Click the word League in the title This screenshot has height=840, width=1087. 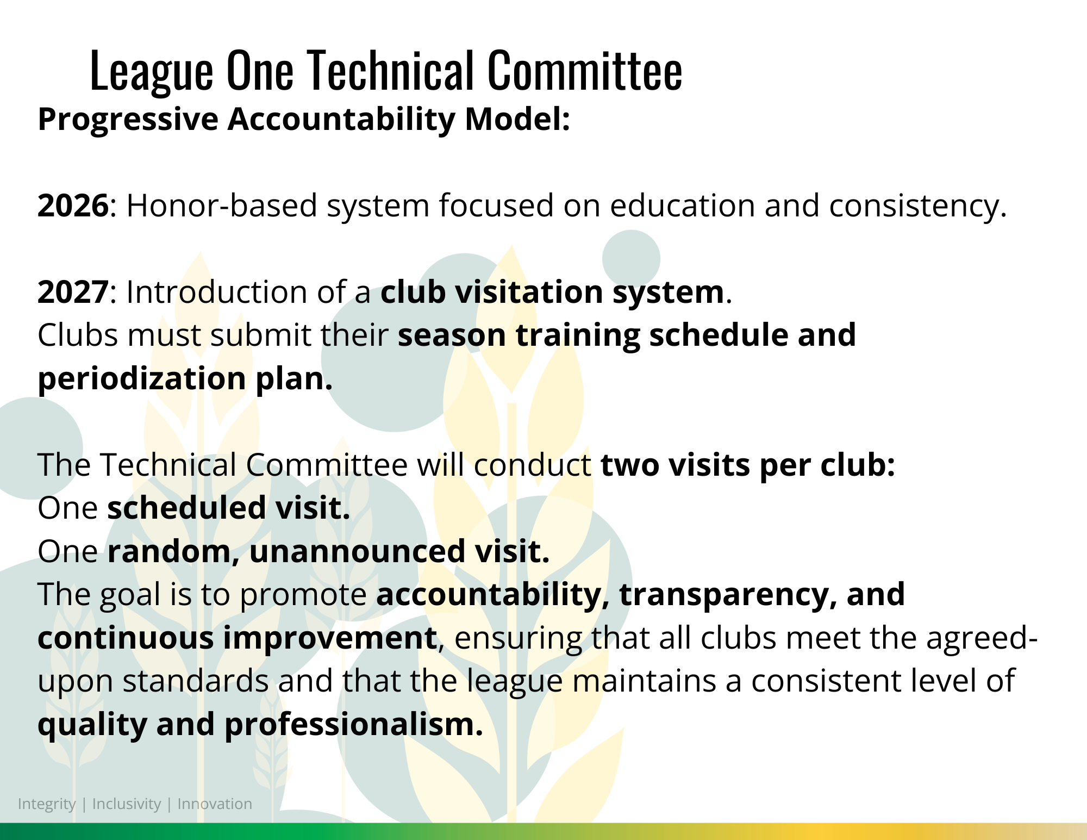click(x=152, y=71)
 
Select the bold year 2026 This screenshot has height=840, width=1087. click(x=73, y=206)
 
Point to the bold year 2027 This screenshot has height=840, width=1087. click(x=73, y=293)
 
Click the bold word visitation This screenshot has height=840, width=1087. click(x=529, y=293)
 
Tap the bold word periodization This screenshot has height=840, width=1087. click(x=142, y=379)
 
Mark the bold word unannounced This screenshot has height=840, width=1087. click(x=357, y=551)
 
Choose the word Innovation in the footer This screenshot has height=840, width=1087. click(x=215, y=804)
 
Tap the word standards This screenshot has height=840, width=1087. click(x=196, y=681)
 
